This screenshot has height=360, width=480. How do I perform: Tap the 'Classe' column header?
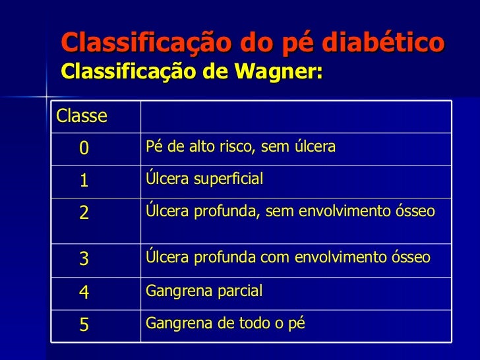click(82, 117)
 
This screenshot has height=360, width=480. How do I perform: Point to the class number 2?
click(84, 213)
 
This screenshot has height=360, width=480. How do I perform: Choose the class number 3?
click(84, 258)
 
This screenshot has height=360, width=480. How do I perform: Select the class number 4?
click(84, 291)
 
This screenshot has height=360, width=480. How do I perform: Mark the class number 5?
click(84, 324)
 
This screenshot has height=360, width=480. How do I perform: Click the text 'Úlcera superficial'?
click(204, 179)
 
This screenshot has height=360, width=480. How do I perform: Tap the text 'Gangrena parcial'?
click(204, 291)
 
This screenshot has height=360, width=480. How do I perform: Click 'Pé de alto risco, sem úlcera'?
click(240, 146)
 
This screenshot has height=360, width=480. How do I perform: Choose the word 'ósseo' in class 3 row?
click(413, 257)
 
